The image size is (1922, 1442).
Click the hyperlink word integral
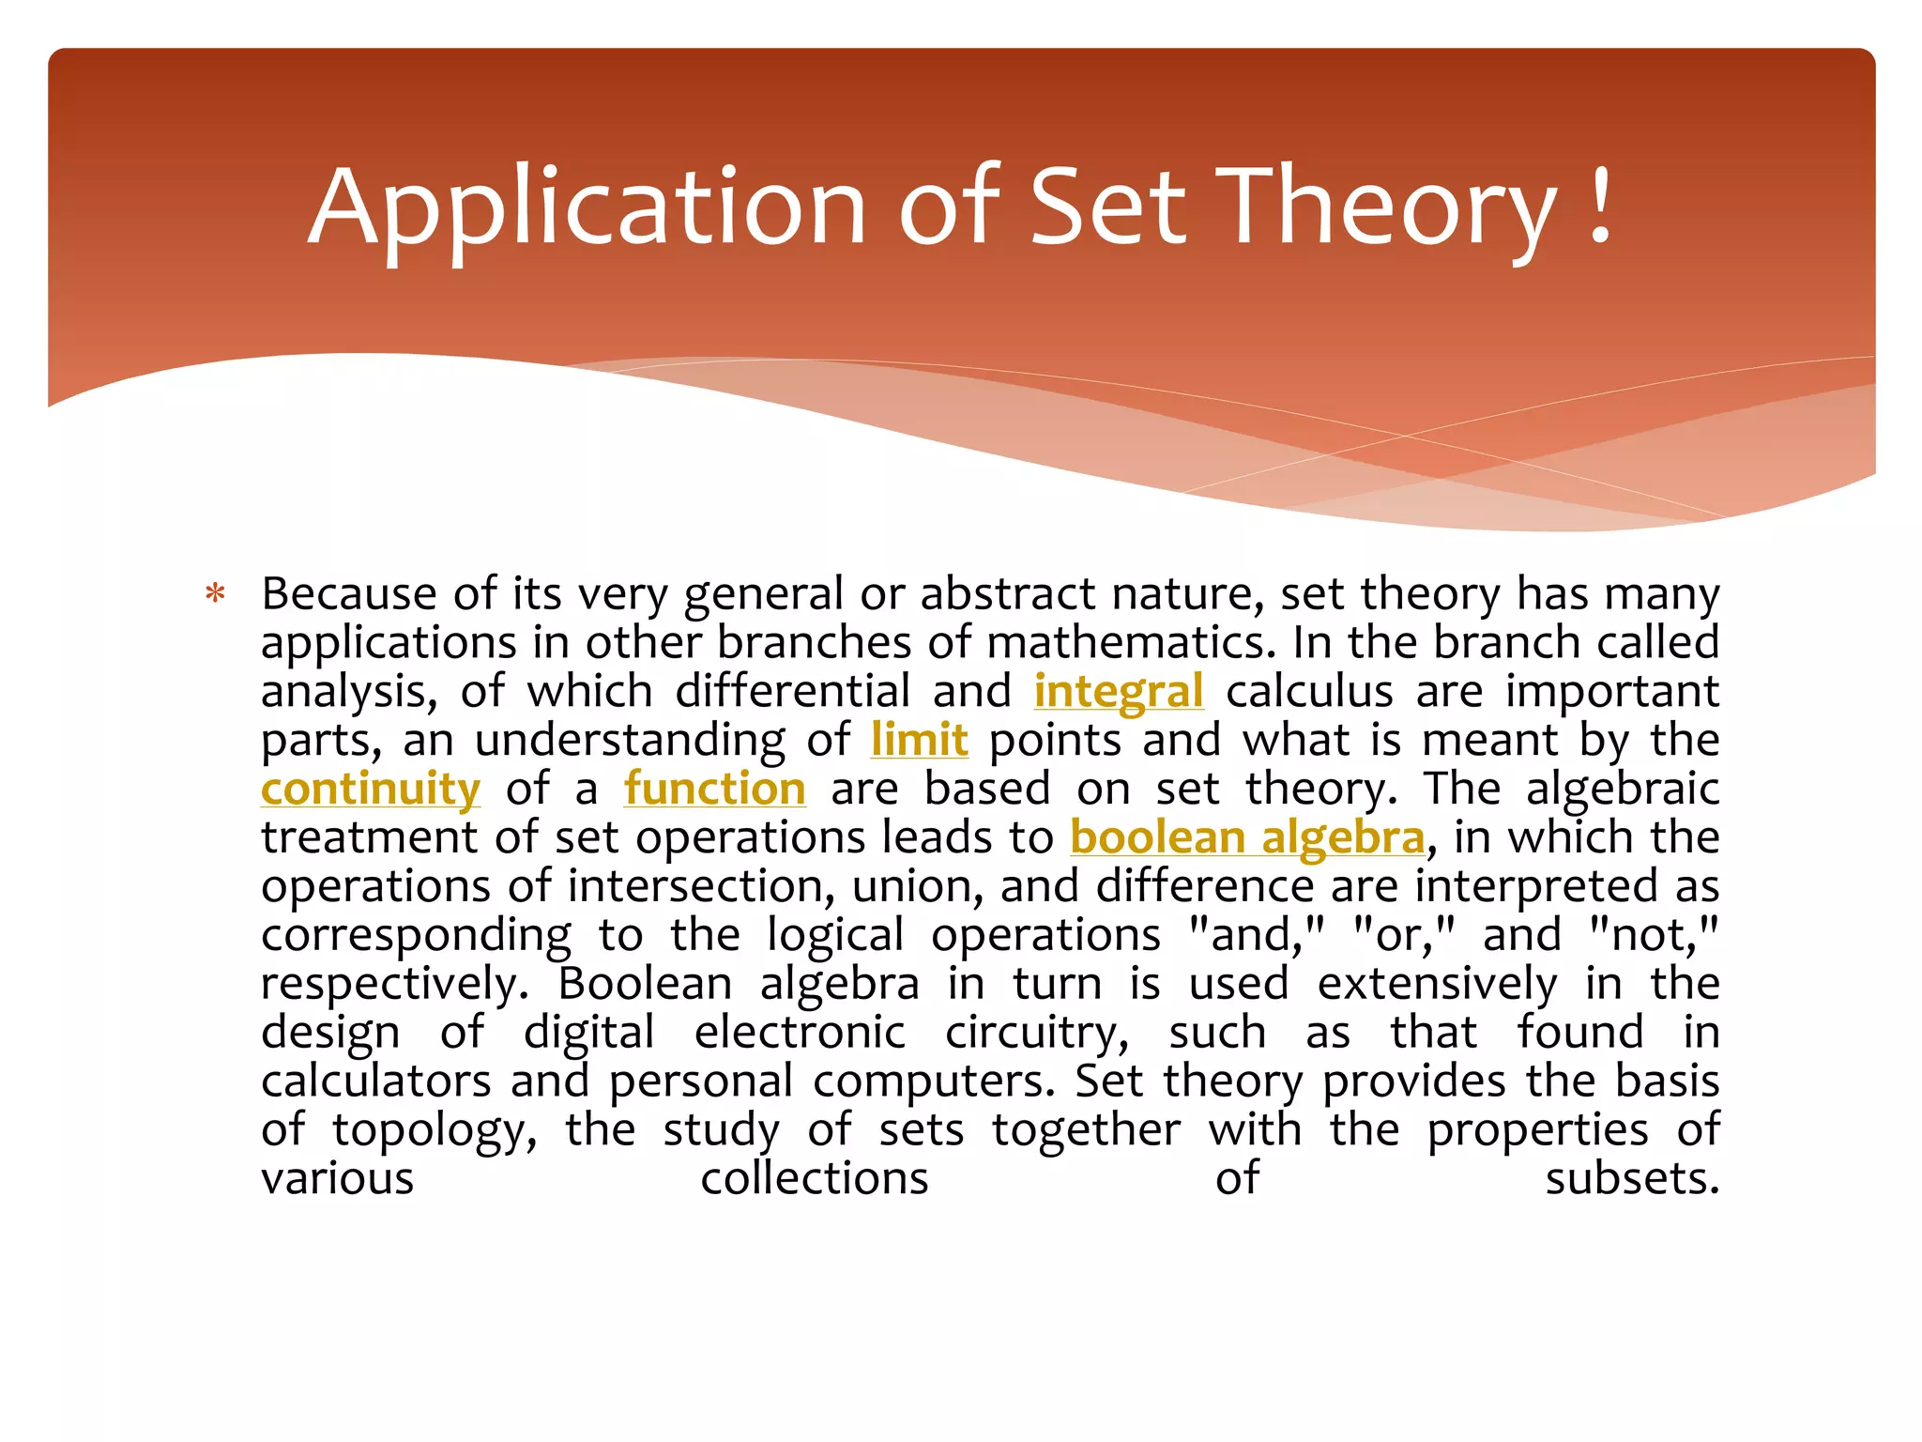[1118, 692]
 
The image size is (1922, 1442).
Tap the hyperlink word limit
[919, 740]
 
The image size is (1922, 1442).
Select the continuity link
[371, 789]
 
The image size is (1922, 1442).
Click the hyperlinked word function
[714, 789]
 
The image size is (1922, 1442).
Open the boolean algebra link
[1247, 837]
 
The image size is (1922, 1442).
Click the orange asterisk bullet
[216, 595]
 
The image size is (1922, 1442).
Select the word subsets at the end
[1632, 1179]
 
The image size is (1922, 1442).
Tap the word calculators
[375, 1081]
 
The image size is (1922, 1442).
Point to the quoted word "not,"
[1654, 935]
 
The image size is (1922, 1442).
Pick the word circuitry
[1037, 1033]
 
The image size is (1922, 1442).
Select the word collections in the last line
[814, 1179]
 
